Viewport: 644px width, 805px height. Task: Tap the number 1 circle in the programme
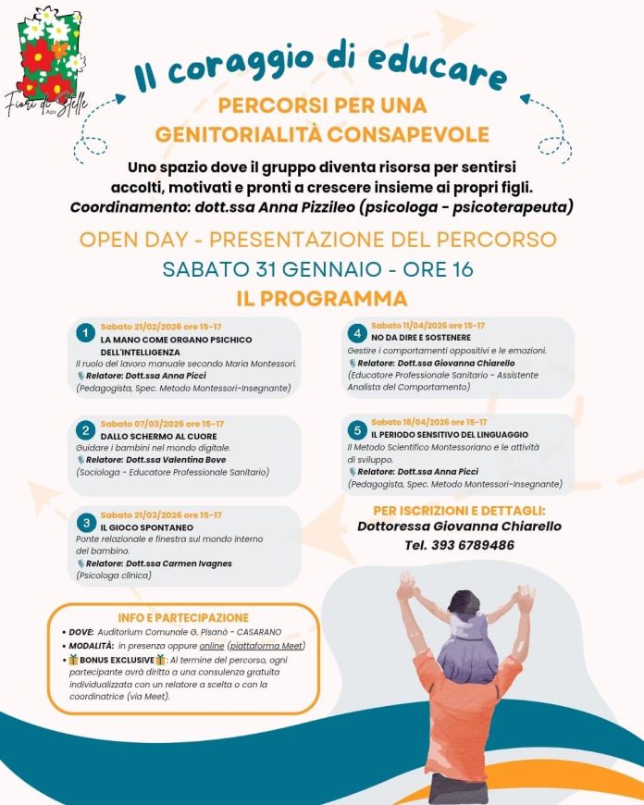coord(85,332)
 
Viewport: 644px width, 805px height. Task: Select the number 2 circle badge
coord(85,430)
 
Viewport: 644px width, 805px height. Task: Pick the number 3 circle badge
coord(85,521)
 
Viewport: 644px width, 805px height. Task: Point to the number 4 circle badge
coord(356,333)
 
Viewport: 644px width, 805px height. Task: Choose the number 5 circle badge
coord(356,430)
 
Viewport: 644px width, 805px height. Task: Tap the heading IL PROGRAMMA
coord(321,299)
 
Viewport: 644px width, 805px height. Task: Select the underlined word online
coord(212,645)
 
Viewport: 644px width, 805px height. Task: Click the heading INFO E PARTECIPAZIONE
coord(183,617)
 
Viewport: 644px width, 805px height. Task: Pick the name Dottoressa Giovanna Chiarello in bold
coord(459,526)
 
